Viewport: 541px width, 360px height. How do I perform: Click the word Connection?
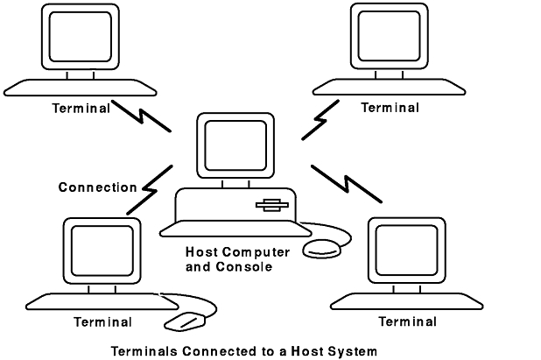click(97, 187)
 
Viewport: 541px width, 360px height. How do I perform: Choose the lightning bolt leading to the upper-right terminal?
click(320, 119)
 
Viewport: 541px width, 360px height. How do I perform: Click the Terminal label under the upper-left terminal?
click(81, 109)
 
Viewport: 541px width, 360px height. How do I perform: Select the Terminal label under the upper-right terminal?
click(390, 108)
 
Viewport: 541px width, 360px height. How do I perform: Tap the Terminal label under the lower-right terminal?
click(407, 321)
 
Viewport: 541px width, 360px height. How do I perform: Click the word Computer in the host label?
click(249, 252)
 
